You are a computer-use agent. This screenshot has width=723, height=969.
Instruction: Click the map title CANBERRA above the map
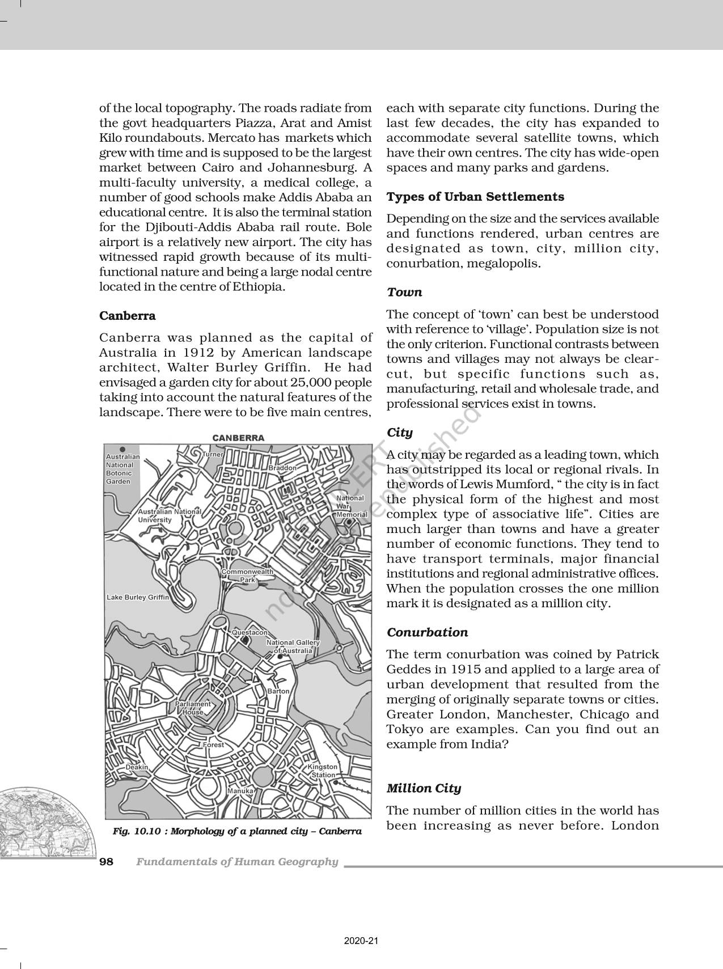pyautogui.click(x=238, y=438)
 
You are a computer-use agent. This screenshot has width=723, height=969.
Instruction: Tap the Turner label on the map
pyautogui.click(x=213, y=454)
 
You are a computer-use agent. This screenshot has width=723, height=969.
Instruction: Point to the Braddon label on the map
pyautogui.click(x=282, y=468)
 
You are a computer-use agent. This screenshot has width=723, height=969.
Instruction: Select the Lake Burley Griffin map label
pyautogui.click(x=138, y=598)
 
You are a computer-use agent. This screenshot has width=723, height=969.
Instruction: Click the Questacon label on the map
pyautogui.click(x=250, y=632)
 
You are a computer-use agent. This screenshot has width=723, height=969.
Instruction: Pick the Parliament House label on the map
pyautogui.click(x=193, y=708)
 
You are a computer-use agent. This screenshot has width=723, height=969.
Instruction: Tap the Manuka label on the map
pyautogui.click(x=240, y=790)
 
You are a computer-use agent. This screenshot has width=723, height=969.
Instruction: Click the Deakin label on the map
pyautogui.click(x=137, y=767)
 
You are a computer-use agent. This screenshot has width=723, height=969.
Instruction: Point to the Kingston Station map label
pyautogui.click(x=323, y=771)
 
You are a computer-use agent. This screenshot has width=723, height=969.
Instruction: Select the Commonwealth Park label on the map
pyautogui.click(x=247, y=576)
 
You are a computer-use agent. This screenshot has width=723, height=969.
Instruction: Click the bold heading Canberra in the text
pyautogui.click(x=127, y=315)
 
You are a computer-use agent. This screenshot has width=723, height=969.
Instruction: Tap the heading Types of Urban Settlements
pyautogui.click(x=475, y=197)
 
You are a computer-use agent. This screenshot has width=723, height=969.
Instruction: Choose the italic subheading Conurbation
pyautogui.click(x=427, y=632)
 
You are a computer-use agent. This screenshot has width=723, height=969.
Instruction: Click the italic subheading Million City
pyautogui.click(x=424, y=788)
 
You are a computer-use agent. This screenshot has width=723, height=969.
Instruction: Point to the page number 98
pyautogui.click(x=106, y=862)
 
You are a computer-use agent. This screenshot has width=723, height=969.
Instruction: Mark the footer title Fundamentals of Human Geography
pyautogui.click(x=237, y=862)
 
